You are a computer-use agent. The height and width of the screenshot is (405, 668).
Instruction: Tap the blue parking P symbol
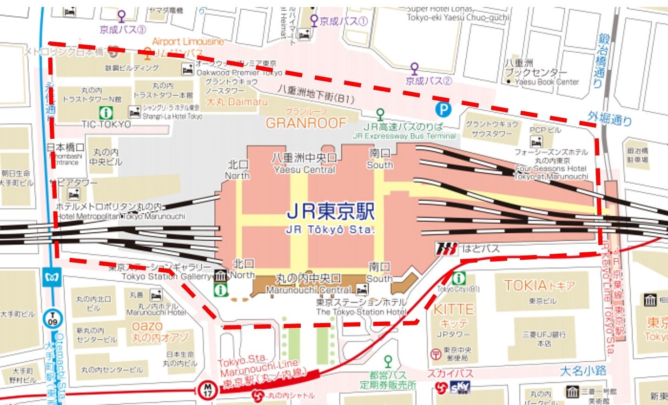(x=443, y=109)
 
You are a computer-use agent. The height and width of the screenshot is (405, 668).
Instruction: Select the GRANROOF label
(x=306, y=123)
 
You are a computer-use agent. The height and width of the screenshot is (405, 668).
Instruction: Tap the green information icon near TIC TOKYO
(x=106, y=112)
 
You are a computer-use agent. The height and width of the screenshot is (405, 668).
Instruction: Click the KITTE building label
(x=453, y=309)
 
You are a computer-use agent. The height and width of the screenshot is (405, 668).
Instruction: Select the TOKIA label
(x=540, y=285)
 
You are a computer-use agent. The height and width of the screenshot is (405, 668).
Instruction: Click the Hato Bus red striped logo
(x=447, y=249)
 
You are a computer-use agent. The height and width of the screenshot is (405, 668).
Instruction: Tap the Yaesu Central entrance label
(x=304, y=169)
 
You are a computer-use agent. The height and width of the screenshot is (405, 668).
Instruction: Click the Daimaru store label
(x=236, y=101)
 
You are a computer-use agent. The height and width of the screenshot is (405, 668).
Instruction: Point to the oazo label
(x=147, y=326)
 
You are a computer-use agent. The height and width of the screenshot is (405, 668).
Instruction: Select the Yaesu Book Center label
(x=547, y=82)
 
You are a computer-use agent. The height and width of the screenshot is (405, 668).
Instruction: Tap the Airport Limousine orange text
(x=188, y=41)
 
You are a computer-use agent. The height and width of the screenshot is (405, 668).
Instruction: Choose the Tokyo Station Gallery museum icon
(x=220, y=276)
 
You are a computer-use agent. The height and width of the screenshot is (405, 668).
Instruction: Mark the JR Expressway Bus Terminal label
(x=404, y=136)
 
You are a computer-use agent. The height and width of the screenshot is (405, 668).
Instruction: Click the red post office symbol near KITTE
(x=436, y=354)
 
